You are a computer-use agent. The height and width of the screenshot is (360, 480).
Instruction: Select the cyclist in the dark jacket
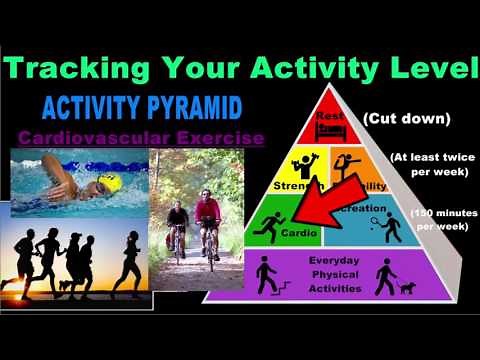coord(177,223)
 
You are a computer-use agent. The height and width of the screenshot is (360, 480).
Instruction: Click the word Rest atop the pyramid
coord(329,115)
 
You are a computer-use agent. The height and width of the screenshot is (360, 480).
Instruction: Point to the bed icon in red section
coord(329,130)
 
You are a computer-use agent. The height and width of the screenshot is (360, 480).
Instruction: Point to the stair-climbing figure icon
coord(265,276)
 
